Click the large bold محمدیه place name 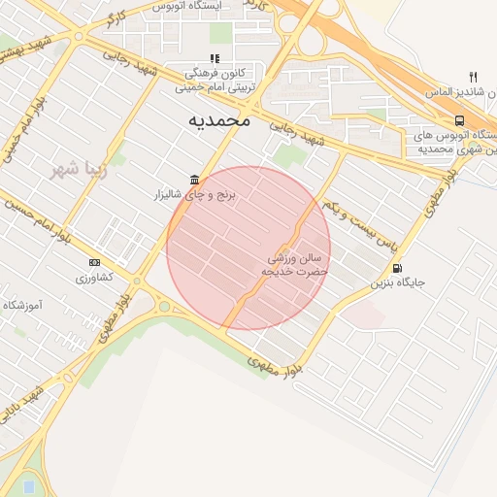[x=218, y=119]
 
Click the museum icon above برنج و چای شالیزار [x=196, y=180]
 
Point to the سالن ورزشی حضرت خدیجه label [x=295, y=266]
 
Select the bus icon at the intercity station [x=458, y=120]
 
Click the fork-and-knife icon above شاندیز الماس [x=473, y=77]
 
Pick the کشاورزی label [x=94, y=278]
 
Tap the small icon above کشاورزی [x=94, y=262]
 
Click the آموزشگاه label [x=21, y=305]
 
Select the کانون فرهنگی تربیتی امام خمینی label [x=215, y=80]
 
